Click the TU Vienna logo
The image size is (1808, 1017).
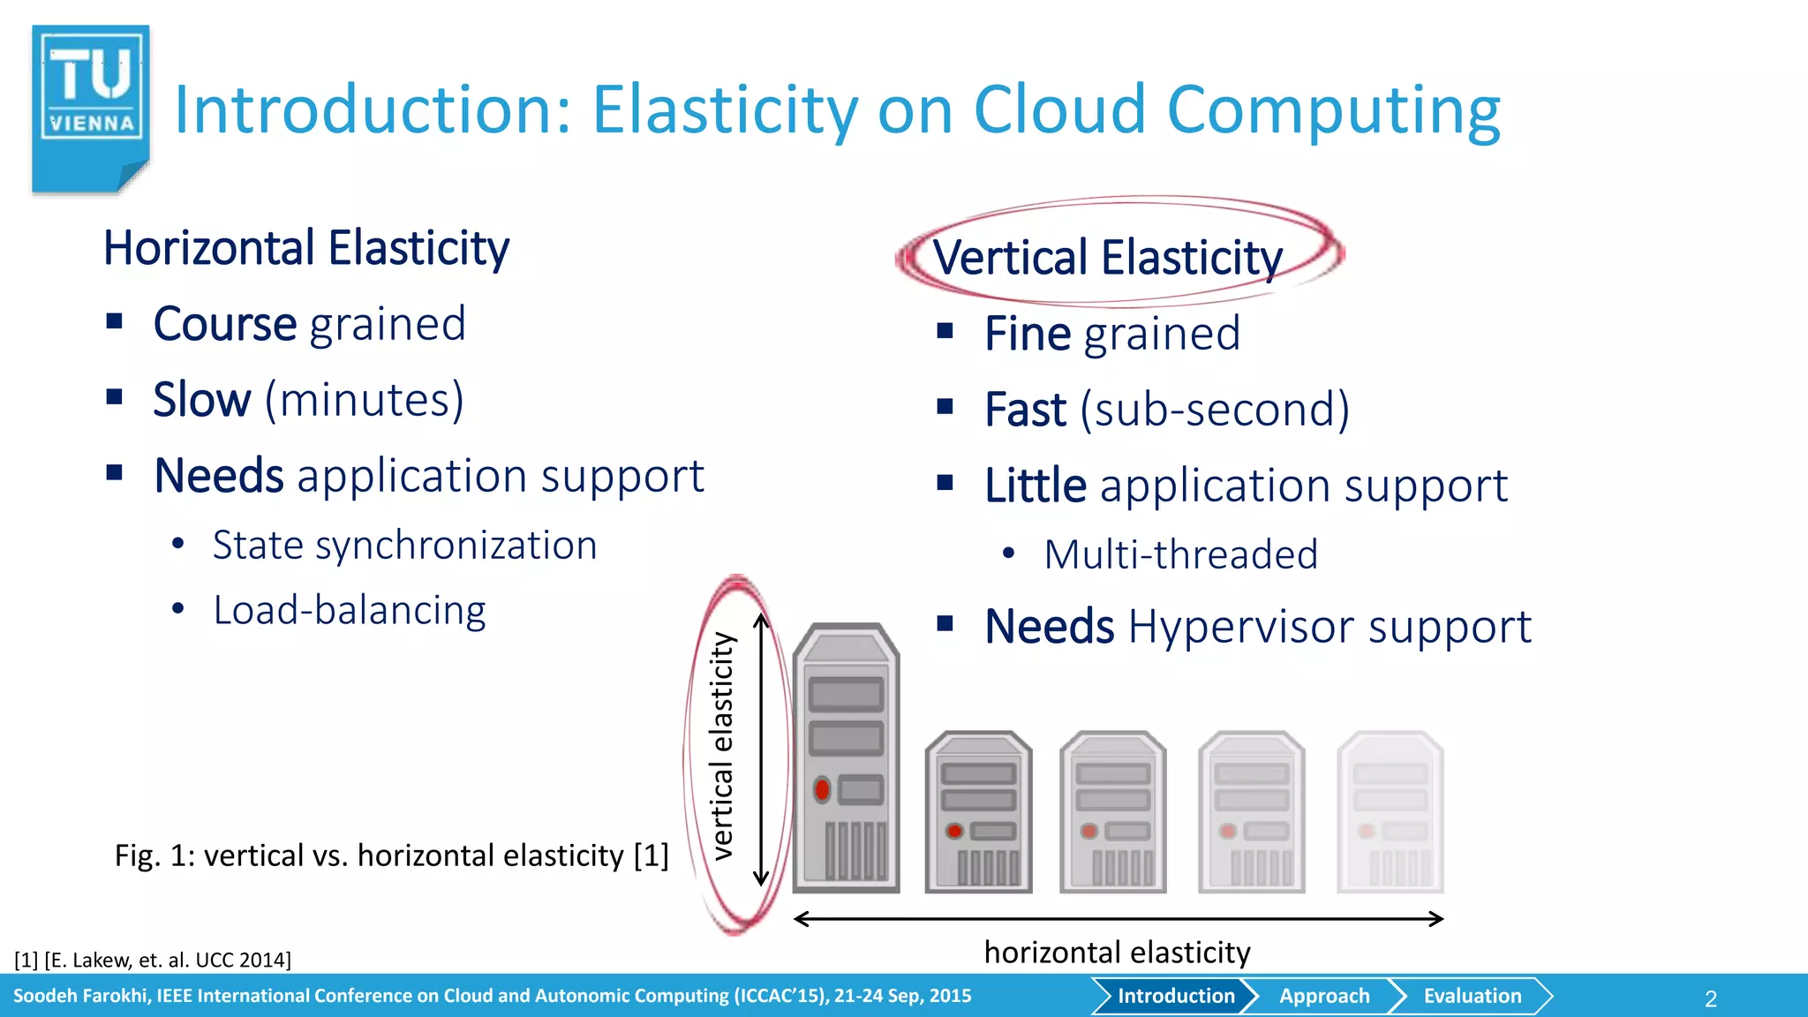click(x=91, y=108)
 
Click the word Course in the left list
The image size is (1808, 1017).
click(x=225, y=324)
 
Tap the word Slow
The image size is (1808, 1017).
click(x=202, y=400)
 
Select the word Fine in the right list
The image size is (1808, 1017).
click(x=1028, y=334)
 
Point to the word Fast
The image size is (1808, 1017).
click(x=1026, y=410)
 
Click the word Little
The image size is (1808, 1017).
click(x=1036, y=486)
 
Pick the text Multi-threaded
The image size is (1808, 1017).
click(x=1180, y=554)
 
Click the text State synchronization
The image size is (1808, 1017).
click(x=404, y=545)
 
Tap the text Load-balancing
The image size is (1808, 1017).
click(x=350, y=610)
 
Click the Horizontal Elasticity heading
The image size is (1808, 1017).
click(x=306, y=248)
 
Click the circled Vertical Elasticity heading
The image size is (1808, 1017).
click(x=1108, y=258)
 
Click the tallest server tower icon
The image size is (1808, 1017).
click(x=846, y=757)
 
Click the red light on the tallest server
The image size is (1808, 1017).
click(x=822, y=789)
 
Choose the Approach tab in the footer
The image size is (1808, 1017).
click(x=1324, y=996)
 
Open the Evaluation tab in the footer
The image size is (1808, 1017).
click(x=1472, y=996)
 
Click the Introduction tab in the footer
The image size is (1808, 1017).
click(x=1176, y=996)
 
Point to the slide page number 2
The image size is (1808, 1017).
click(x=1710, y=998)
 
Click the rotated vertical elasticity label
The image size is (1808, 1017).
click(x=723, y=746)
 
